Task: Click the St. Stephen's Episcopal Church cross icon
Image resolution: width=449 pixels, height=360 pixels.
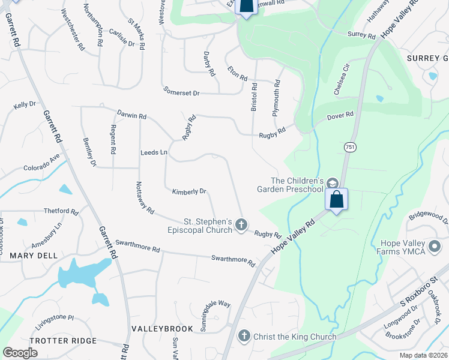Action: [241, 225]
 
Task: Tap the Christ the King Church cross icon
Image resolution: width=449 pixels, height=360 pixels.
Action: [244, 336]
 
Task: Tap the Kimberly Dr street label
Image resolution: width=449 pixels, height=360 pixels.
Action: [189, 191]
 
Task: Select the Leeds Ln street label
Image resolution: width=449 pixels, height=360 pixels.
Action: [154, 152]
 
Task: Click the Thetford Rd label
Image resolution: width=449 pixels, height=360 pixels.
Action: [61, 211]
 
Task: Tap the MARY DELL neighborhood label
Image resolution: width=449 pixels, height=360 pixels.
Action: [34, 256]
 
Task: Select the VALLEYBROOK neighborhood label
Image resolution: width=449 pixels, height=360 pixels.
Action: [162, 329]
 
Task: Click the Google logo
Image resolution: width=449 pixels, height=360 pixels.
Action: [20, 353]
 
